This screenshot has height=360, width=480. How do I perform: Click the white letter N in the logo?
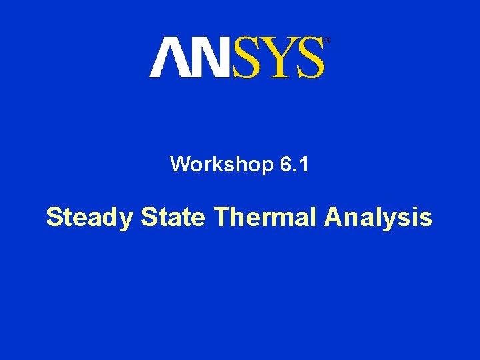click(207, 57)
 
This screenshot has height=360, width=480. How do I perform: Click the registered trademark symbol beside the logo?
click(327, 41)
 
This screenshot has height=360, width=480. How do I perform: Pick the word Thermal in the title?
click(265, 217)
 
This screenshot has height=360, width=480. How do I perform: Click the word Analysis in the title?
click(378, 217)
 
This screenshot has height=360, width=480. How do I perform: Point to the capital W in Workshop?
click(181, 164)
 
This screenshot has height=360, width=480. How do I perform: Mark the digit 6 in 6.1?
click(285, 164)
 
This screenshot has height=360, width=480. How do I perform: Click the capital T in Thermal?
click(221, 217)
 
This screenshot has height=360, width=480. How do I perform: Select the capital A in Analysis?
click(333, 217)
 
